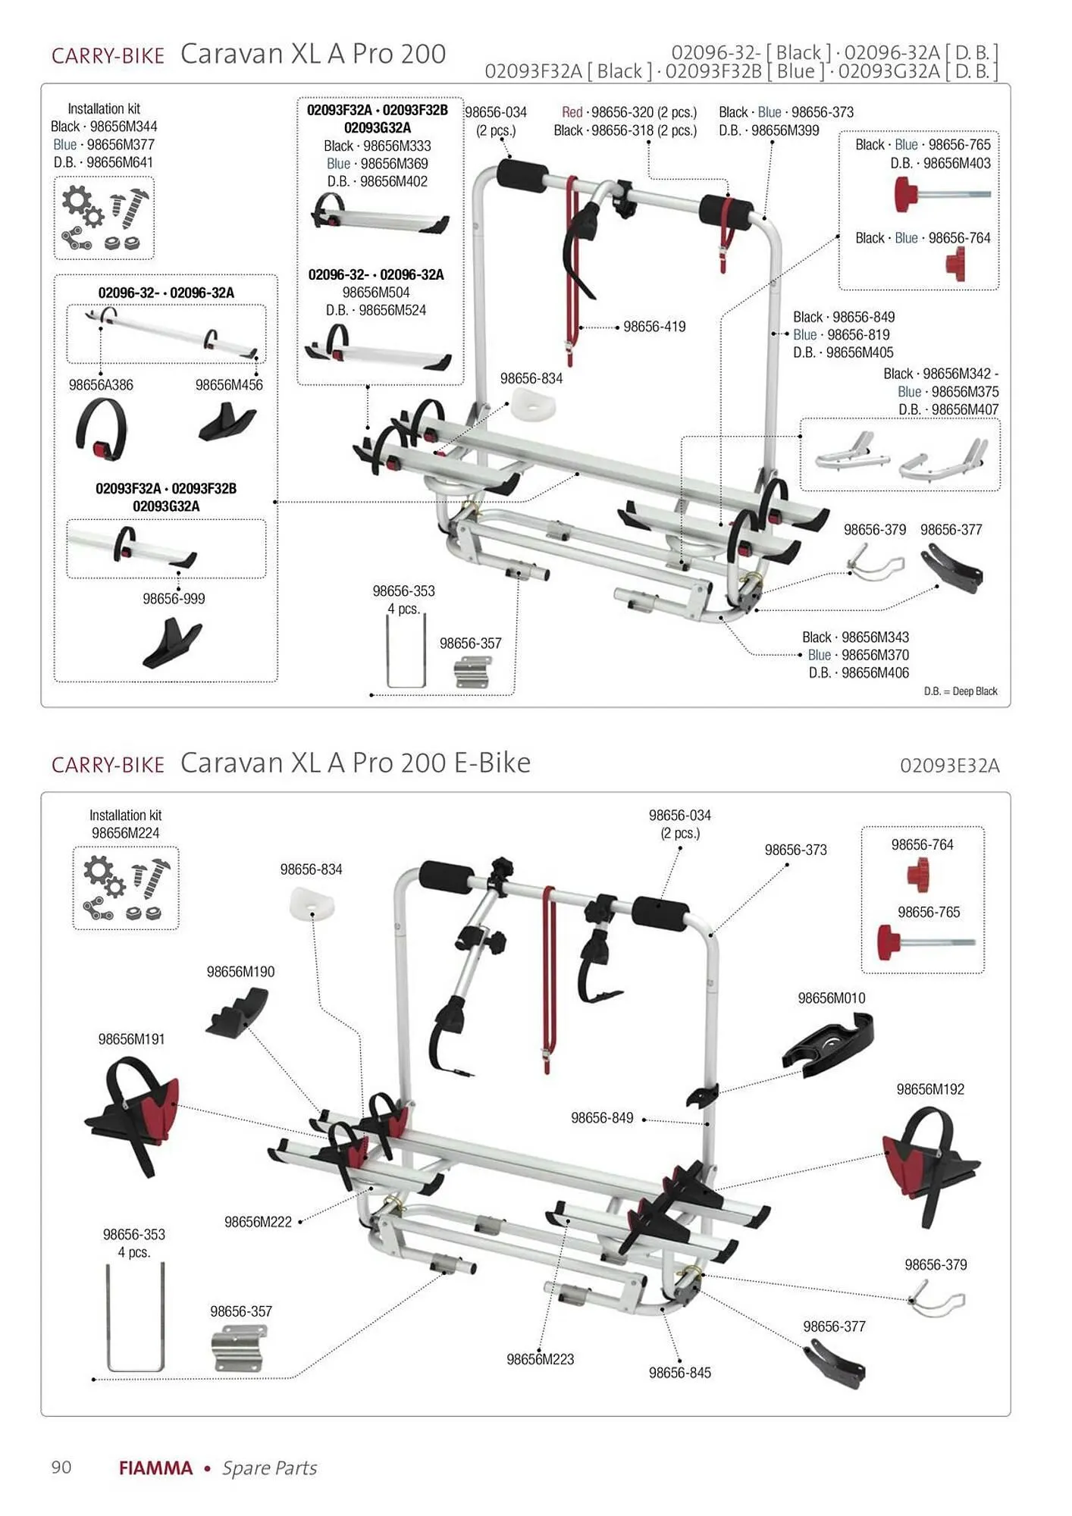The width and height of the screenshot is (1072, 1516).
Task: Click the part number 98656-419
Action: pyautogui.click(x=654, y=327)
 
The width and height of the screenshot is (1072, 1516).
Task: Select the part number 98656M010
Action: pyautogui.click(x=831, y=998)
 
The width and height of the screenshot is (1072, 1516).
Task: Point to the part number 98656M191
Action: pyautogui.click(x=131, y=1039)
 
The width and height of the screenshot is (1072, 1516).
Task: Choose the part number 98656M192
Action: pyautogui.click(x=930, y=1089)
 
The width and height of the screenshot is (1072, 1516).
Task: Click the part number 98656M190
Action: pyautogui.click(x=240, y=972)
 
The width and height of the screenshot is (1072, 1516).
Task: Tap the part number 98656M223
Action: pyautogui.click(x=540, y=1359)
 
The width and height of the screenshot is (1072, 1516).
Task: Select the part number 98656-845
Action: pyautogui.click(x=679, y=1373)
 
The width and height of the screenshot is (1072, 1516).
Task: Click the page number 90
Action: pyautogui.click(x=61, y=1467)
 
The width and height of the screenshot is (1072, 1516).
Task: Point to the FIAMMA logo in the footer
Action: pyautogui.click(x=155, y=1468)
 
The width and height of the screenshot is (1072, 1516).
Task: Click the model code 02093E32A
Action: pyautogui.click(x=949, y=766)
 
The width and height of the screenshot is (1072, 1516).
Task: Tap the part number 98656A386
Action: pyautogui.click(x=101, y=385)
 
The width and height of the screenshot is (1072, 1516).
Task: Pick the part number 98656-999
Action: pyautogui.click(x=174, y=599)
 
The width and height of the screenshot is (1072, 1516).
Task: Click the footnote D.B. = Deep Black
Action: pyautogui.click(x=961, y=691)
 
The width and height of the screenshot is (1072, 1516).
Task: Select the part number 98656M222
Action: pyautogui.click(x=258, y=1222)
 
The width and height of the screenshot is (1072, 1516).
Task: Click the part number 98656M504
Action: pyautogui.click(x=376, y=293)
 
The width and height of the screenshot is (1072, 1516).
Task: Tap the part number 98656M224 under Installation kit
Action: pyautogui.click(x=125, y=833)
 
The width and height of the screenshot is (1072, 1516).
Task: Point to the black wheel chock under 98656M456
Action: pyautogui.click(x=227, y=423)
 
